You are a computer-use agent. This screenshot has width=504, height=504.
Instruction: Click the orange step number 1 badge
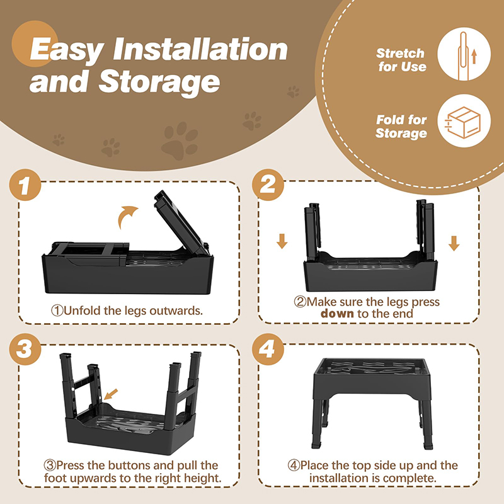(25, 185)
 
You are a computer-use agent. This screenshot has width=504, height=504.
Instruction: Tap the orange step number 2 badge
(268, 185)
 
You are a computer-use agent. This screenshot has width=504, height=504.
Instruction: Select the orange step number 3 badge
(25, 349)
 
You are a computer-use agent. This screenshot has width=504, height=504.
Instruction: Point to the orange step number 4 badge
(268, 349)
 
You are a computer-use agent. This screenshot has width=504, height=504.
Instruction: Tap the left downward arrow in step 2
(282, 241)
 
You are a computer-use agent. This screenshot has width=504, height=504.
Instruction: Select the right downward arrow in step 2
(454, 243)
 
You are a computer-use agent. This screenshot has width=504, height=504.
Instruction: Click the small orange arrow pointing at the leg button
(111, 394)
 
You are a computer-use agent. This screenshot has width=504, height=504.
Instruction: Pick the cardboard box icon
(463, 122)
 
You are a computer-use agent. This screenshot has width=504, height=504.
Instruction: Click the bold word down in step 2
(337, 313)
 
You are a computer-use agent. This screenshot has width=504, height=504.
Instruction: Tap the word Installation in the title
(200, 49)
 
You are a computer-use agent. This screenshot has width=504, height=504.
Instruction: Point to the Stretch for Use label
(401, 60)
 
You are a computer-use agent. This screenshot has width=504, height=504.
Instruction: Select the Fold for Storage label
(401, 127)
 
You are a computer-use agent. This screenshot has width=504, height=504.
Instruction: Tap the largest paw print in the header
(180, 140)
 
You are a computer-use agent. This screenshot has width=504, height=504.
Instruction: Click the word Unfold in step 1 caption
(82, 311)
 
